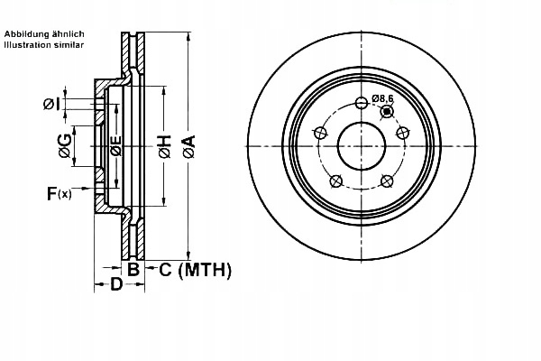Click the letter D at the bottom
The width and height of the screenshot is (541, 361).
115,287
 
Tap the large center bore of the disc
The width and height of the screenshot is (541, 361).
362,146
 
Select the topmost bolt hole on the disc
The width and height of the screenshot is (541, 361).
362,100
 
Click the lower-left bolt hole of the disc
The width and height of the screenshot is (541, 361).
335,180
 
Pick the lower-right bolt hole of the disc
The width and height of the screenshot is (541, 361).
388,180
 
